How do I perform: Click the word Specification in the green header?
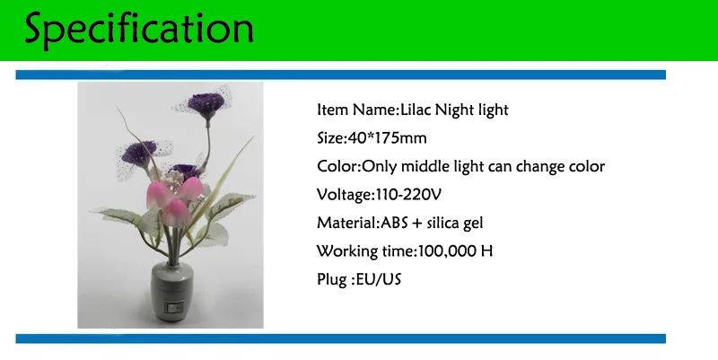click(139, 30)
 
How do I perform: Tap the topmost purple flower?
click(206, 102)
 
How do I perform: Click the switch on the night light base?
click(173, 306)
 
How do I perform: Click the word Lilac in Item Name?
click(416, 110)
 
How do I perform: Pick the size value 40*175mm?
click(388, 138)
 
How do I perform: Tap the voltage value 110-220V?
click(408, 195)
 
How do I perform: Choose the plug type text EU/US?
click(378, 279)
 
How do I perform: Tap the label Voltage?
click(344, 195)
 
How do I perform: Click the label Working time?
click(365, 251)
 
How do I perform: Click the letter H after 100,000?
click(486, 251)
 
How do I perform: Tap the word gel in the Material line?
click(474, 224)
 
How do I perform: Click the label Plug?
click(331, 280)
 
